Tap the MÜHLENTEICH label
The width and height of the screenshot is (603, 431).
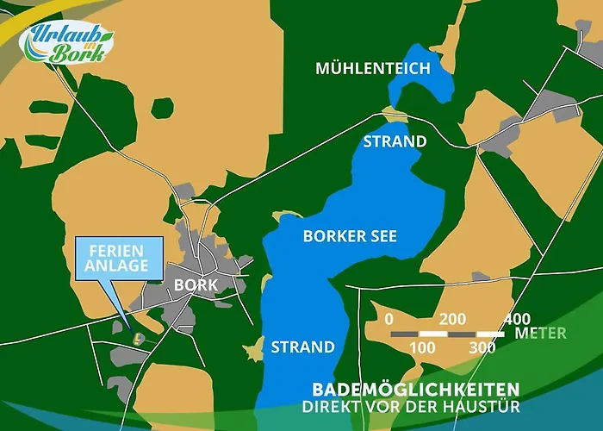pyautogui.click(x=372, y=68)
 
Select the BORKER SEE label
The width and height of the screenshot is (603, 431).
pyautogui.click(x=350, y=235)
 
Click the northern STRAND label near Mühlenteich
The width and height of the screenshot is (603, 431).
pyautogui.click(x=395, y=141)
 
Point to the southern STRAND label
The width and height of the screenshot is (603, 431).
pyautogui.click(x=302, y=348)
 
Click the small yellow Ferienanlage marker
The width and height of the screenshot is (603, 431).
pyautogui.click(x=135, y=336)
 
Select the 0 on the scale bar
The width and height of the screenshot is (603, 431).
pyautogui.click(x=390, y=319)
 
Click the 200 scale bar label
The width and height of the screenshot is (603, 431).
pyautogui.click(x=451, y=319)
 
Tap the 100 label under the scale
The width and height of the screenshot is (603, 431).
pyautogui.click(x=421, y=348)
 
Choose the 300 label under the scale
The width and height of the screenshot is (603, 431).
pyautogui.click(x=482, y=348)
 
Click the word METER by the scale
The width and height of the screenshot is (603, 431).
pyautogui.click(x=540, y=333)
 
